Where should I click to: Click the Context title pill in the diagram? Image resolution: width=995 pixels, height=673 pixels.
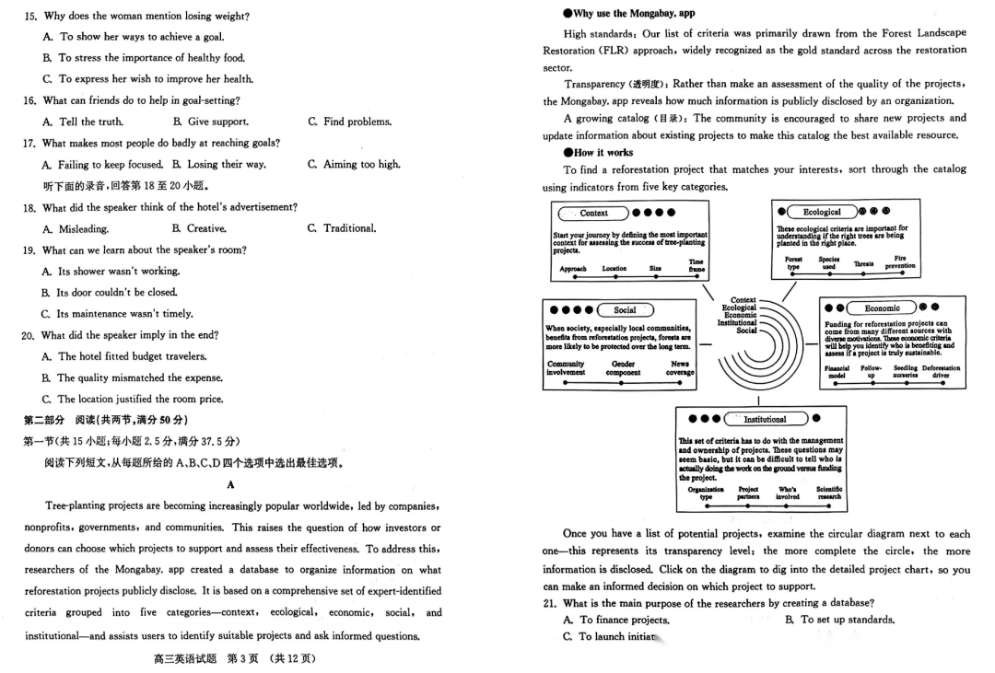[594, 214]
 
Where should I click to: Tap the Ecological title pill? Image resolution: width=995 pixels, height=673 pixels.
[822, 212]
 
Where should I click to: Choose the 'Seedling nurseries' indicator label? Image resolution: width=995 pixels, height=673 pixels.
[905, 372]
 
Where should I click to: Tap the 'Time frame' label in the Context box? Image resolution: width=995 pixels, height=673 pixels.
[696, 265]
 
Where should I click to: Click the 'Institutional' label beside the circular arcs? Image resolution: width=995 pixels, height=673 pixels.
[737, 322]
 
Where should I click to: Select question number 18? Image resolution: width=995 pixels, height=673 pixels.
[29, 207]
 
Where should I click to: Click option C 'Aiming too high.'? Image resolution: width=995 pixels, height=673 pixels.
[355, 164]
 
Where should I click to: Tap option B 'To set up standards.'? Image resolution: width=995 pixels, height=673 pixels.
[839, 620]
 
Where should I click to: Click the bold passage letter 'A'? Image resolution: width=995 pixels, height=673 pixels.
[230, 484]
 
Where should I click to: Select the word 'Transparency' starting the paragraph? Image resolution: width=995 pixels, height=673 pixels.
[590, 84]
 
